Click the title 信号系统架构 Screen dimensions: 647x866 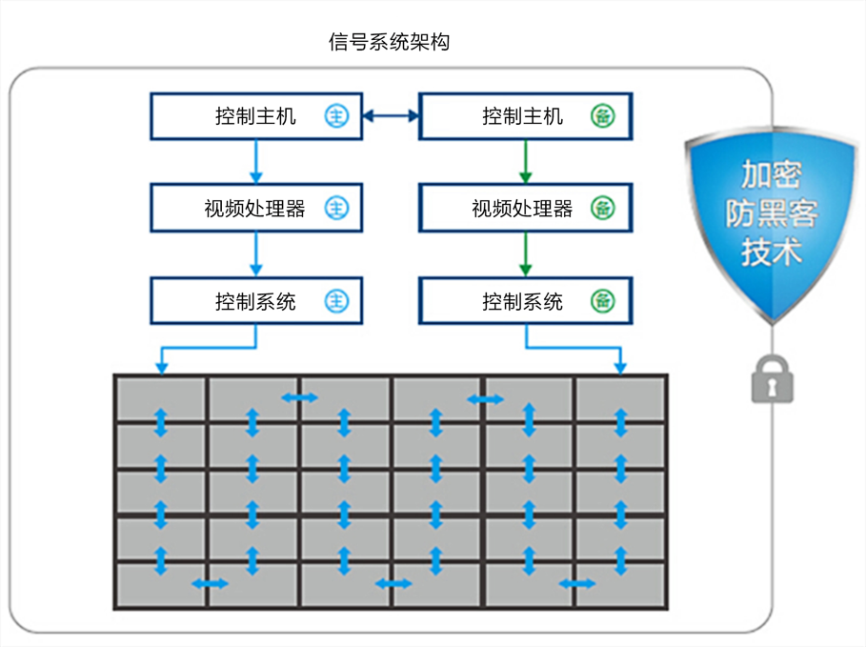388,42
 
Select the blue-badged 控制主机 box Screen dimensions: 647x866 255,116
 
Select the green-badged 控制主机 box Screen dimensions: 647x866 524,116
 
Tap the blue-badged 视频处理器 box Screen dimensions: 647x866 255,209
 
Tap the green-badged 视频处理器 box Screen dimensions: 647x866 524,209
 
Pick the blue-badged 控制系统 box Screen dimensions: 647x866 255,302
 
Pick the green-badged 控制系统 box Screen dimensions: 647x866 524,302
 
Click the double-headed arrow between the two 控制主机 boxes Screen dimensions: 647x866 391,116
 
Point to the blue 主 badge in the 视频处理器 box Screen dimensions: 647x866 336,209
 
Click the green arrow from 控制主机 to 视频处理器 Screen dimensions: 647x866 525,162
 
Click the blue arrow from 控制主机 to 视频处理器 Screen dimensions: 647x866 255,162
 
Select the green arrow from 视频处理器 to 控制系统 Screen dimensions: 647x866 525,255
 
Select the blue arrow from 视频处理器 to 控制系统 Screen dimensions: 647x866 255,255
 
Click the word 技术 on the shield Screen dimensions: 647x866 772,252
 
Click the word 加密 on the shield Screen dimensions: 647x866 772,174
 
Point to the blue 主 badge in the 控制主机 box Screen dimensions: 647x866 336,116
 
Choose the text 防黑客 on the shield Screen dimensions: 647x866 772,213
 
